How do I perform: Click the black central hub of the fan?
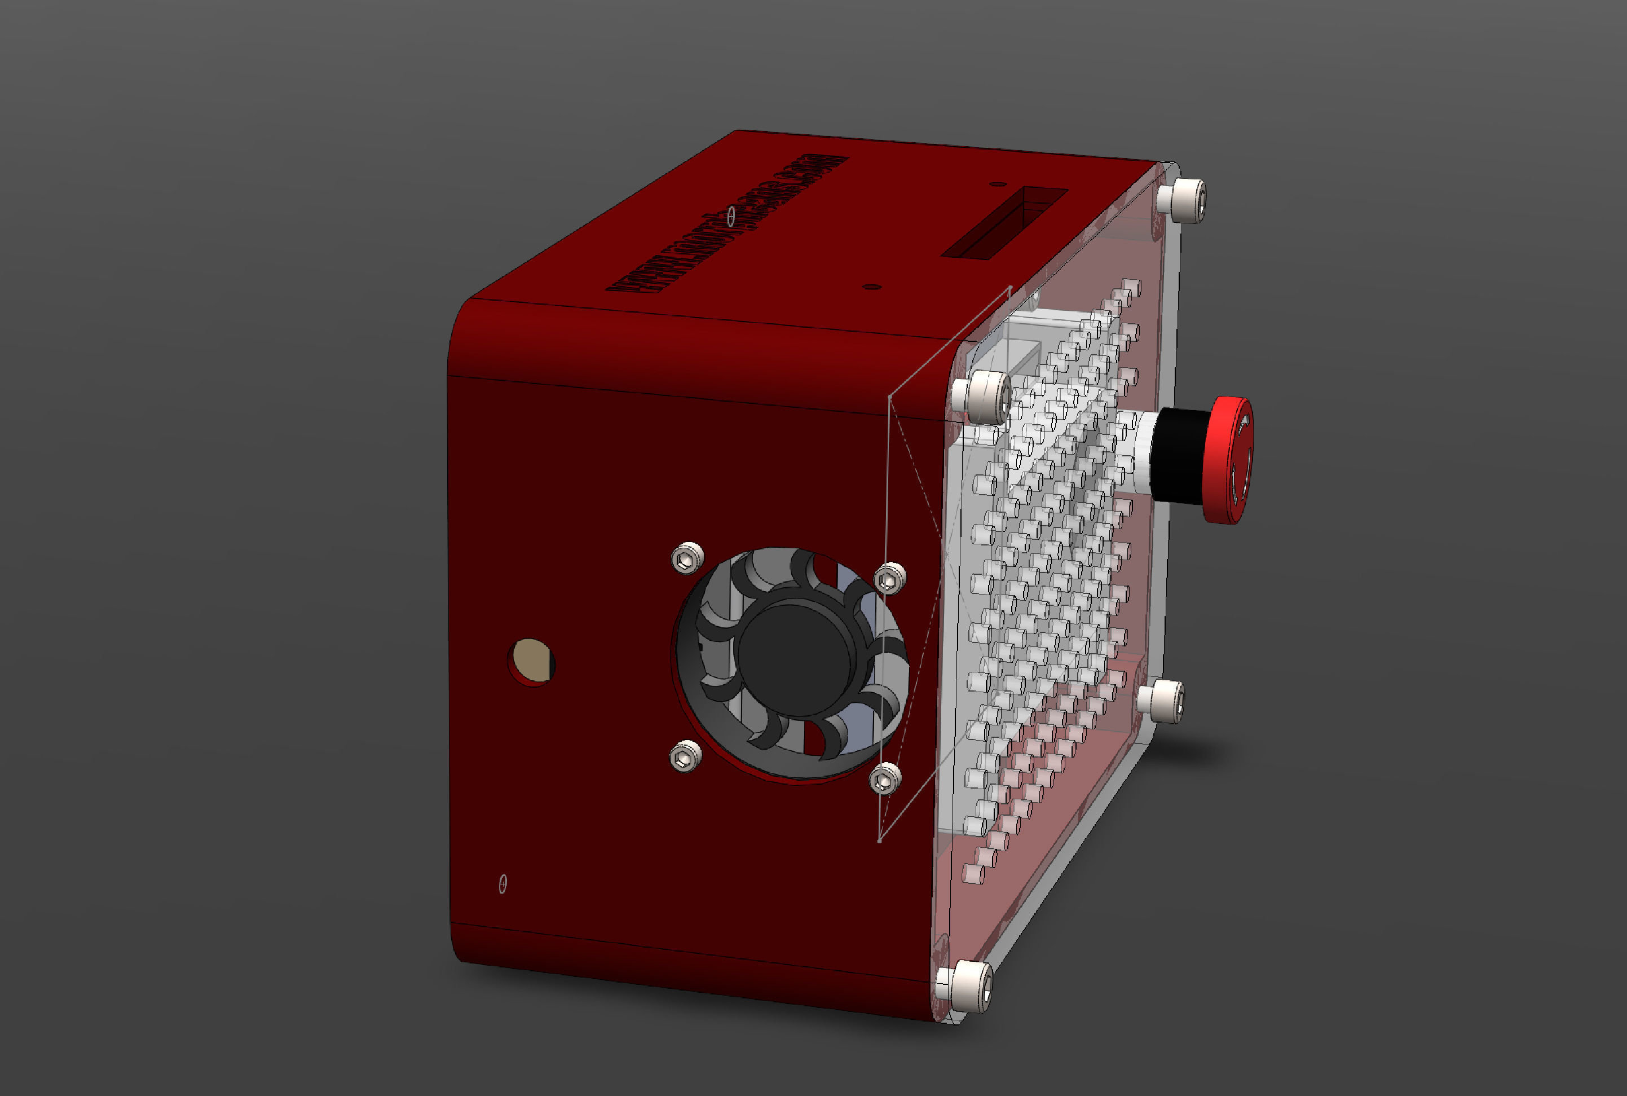795,660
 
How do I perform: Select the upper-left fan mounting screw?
687,558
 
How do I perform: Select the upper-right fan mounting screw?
890,579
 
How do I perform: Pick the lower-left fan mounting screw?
686,756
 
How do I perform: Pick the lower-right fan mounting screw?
885,778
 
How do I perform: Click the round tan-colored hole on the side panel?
531,661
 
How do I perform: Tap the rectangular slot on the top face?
1004,222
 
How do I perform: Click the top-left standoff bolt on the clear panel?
985,397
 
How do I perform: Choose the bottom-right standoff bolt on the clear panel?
1163,699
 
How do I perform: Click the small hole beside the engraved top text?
731,217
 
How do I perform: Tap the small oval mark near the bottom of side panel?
502,884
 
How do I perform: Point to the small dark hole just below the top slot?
871,287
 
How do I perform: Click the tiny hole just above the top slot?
999,184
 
